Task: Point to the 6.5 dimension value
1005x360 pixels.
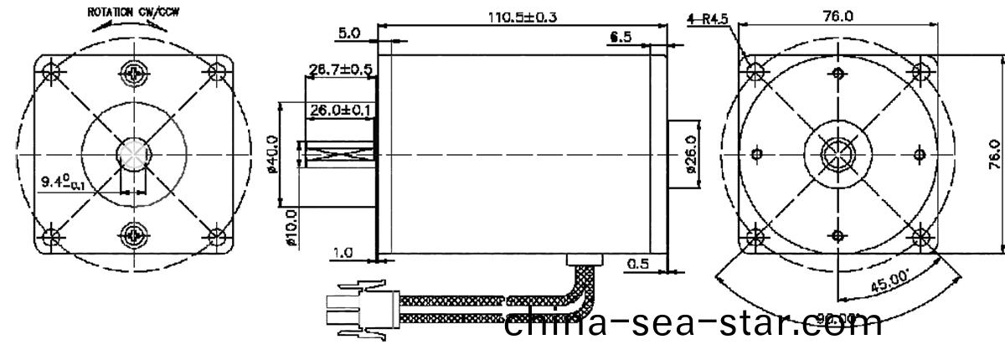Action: click(621, 38)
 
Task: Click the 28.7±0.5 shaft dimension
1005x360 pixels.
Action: click(340, 69)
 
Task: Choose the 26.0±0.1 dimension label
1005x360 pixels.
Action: click(340, 110)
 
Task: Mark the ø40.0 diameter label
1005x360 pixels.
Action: click(283, 154)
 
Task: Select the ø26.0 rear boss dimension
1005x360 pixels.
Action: click(691, 154)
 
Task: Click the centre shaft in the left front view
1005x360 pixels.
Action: click(134, 154)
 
